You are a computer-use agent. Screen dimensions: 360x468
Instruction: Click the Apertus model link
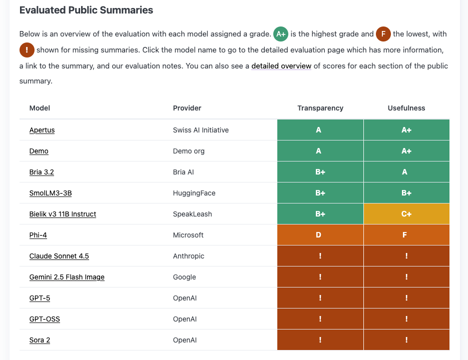[42, 130]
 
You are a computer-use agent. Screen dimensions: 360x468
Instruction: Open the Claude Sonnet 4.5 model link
[59, 256]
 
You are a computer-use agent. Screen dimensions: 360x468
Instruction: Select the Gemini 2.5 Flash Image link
[67, 277]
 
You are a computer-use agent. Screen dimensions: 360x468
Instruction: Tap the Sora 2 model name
[40, 340]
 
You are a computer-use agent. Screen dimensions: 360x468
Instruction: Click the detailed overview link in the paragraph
[281, 66]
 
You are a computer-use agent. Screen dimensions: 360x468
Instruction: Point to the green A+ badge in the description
[280, 34]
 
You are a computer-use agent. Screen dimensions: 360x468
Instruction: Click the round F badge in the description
[383, 34]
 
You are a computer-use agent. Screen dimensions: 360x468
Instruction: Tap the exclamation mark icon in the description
[27, 50]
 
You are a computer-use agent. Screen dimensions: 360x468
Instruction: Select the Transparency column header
[320, 108]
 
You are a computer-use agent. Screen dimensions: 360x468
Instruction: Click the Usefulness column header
[406, 108]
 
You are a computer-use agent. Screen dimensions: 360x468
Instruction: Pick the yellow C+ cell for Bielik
[406, 214]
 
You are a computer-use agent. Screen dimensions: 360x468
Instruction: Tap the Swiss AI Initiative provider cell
[201, 130]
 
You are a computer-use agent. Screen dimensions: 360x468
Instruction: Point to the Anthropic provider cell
[188, 256]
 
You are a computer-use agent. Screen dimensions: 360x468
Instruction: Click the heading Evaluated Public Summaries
[86, 10]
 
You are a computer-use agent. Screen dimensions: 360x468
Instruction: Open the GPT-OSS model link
[45, 319]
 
